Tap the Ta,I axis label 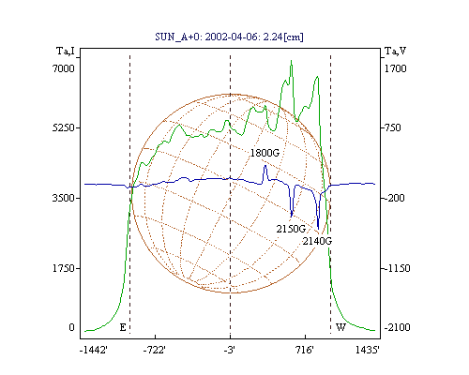(x=66, y=51)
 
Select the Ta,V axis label (x=395, y=51)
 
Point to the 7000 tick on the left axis (x=64, y=68)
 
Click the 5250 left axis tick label (x=64, y=127)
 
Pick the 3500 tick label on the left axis (x=64, y=198)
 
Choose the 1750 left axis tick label (x=64, y=268)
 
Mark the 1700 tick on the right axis (x=395, y=68)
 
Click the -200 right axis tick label (x=394, y=198)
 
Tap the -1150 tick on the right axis (x=397, y=268)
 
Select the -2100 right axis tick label (x=397, y=327)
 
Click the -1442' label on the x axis (x=94, y=350)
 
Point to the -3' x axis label (x=230, y=350)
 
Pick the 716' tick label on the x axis (x=304, y=350)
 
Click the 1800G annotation (x=265, y=153)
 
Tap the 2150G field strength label (x=291, y=229)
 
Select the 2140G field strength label (x=317, y=241)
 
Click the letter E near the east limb (x=123, y=327)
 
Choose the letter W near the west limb (x=340, y=327)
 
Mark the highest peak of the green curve (x=291, y=61)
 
